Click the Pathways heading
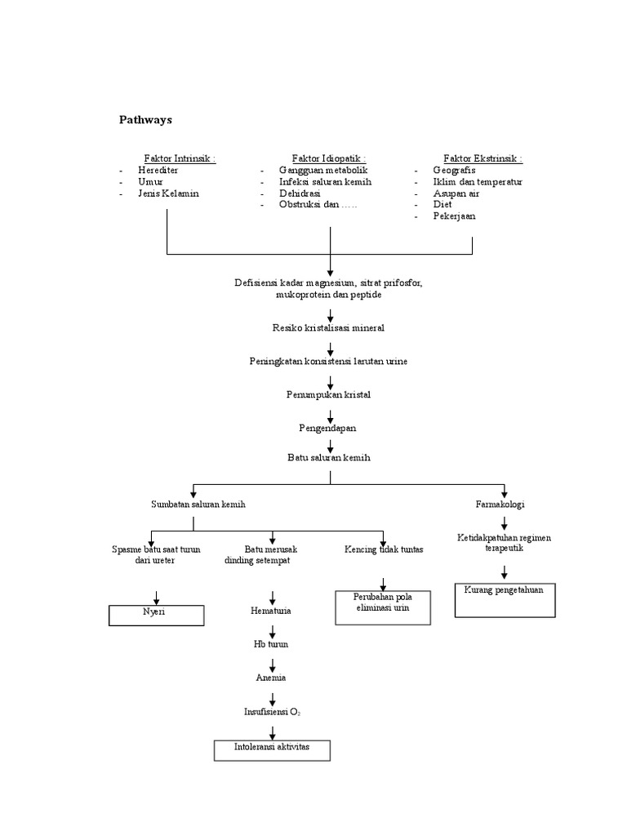click(146, 120)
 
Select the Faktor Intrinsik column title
click(180, 158)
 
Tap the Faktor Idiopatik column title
click(329, 158)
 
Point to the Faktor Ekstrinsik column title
click(482, 158)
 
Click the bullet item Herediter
click(158, 170)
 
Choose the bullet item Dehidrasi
click(300, 193)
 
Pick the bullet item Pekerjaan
click(454, 216)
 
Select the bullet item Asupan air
click(456, 193)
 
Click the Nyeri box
click(155, 614)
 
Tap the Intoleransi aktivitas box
click(273, 749)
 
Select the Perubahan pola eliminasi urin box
click(383, 608)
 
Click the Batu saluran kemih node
click(329, 458)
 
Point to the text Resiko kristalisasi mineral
click(328, 327)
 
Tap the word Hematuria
click(271, 610)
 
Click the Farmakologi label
click(500, 505)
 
